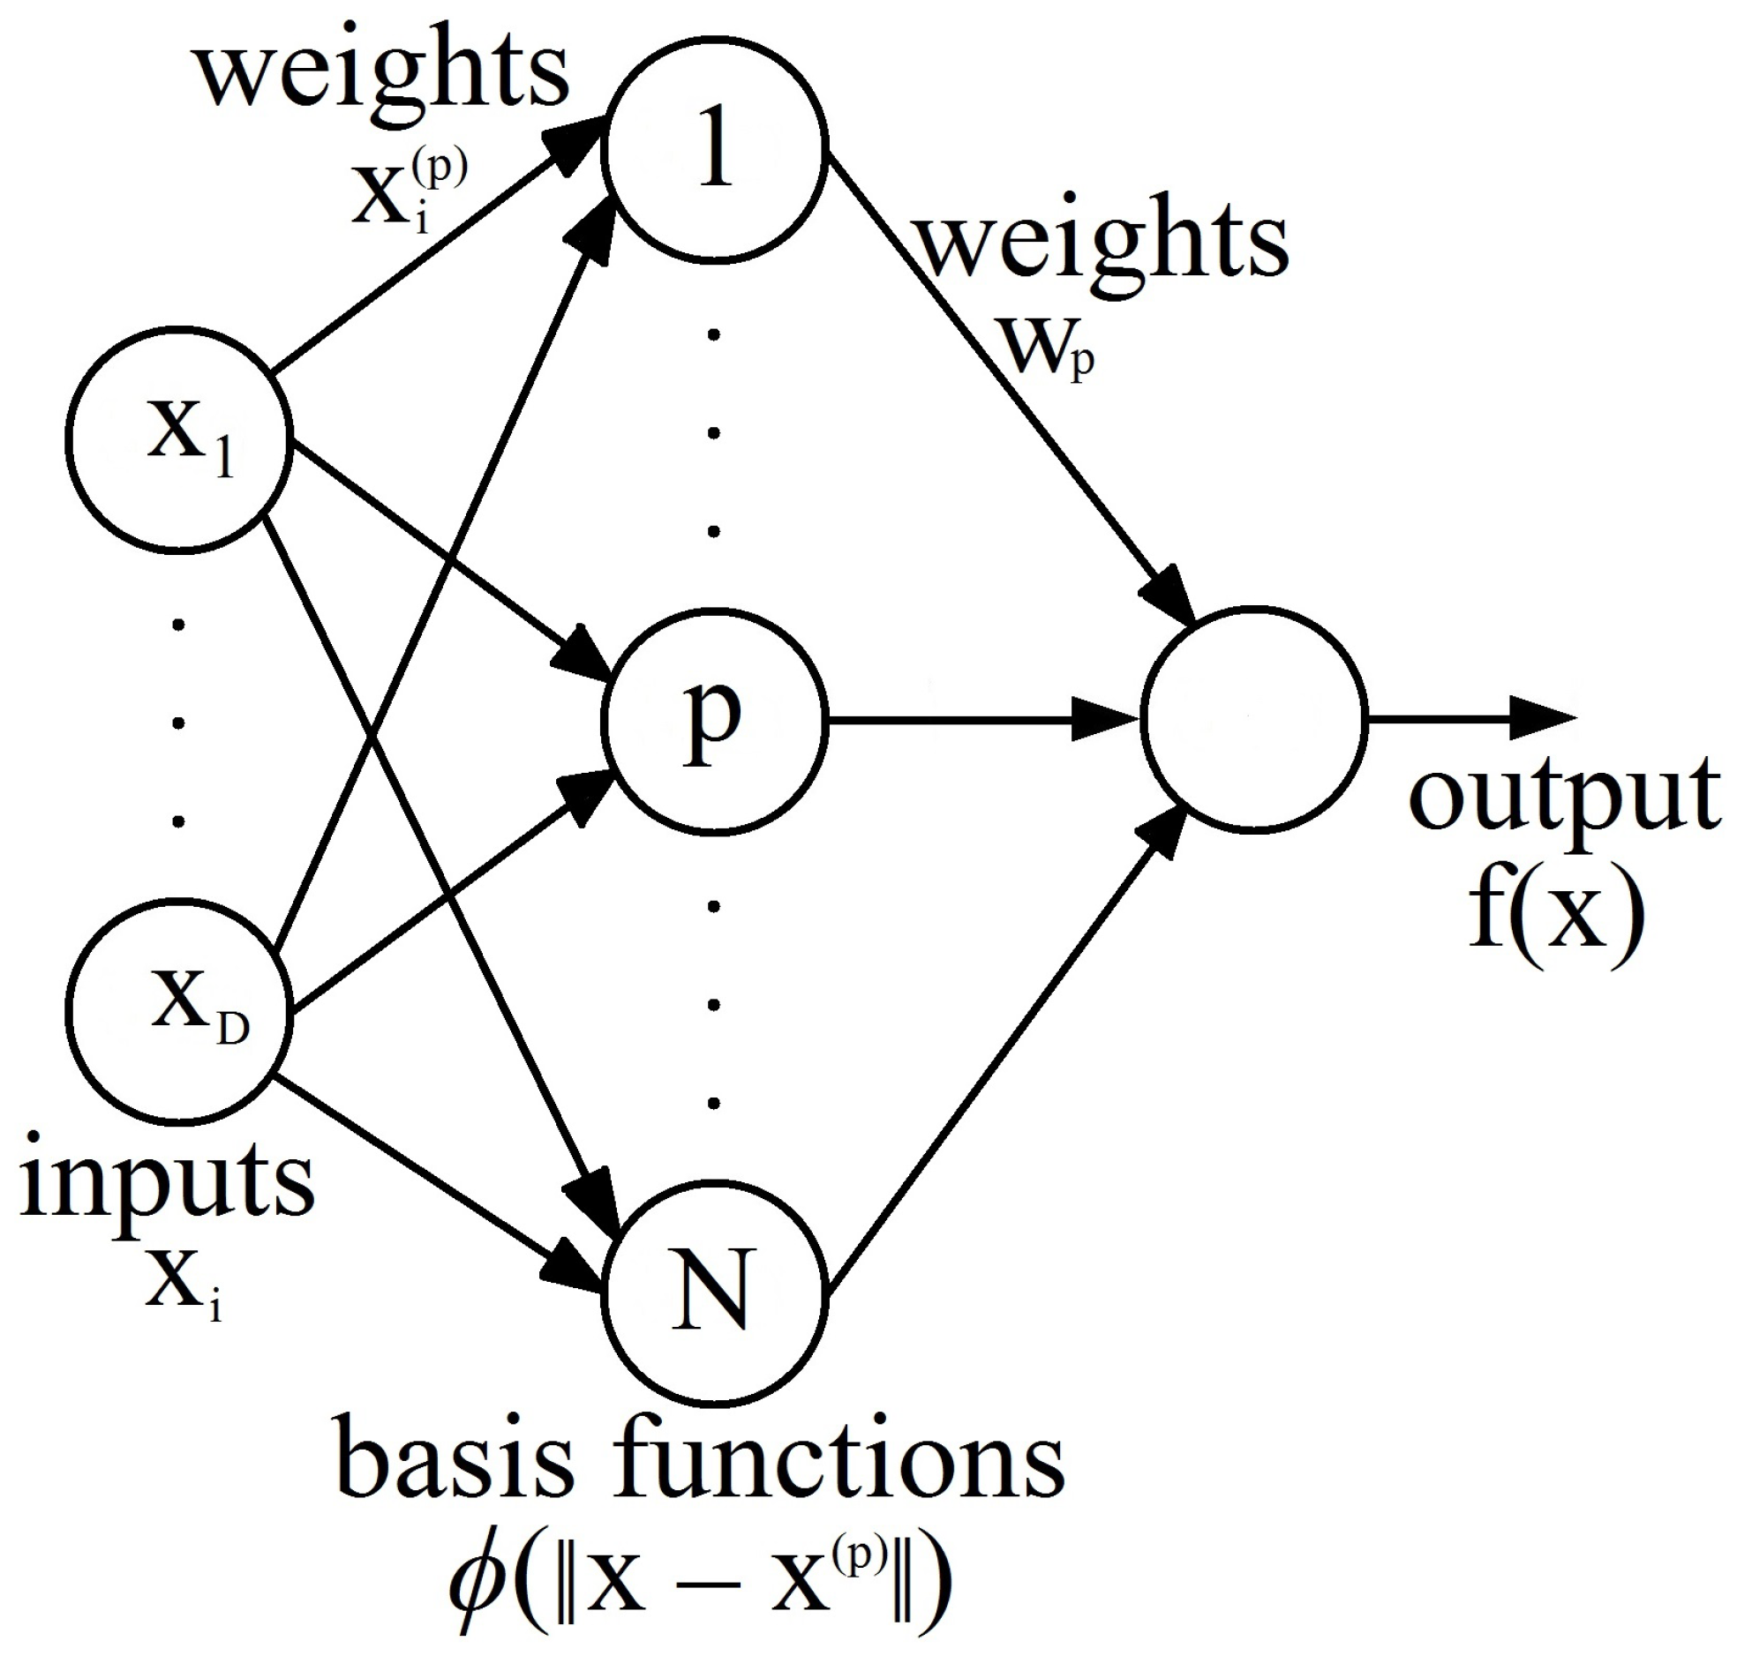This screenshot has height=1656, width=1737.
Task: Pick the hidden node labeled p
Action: tap(714, 721)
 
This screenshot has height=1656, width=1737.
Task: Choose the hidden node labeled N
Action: tap(714, 1294)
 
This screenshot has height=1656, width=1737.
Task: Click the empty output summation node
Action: tap(1254, 719)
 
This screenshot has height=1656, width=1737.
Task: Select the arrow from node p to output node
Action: tap(981, 720)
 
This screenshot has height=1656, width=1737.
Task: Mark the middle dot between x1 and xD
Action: tap(179, 723)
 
